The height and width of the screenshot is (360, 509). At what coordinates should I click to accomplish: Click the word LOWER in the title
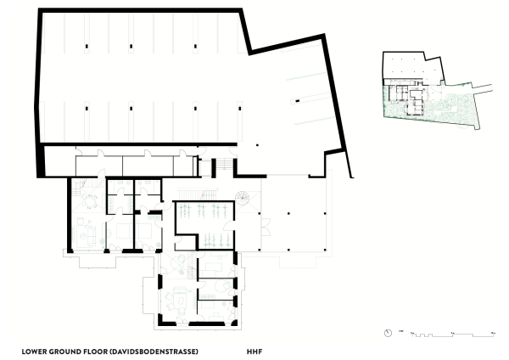pyautogui.click(x=35, y=350)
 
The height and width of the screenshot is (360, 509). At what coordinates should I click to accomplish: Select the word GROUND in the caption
pyautogui.click(x=65, y=350)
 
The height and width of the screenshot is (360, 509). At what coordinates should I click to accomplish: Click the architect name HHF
pyautogui.click(x=254, y=350)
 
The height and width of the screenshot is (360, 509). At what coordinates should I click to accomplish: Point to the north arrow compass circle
pyautogui.click(x=387, y=332)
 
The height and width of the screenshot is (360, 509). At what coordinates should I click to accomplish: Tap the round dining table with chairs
pyautogui.click(x=88, y=201)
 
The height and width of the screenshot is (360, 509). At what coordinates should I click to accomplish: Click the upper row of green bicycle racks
pyautogui.click(x=204, y=209)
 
